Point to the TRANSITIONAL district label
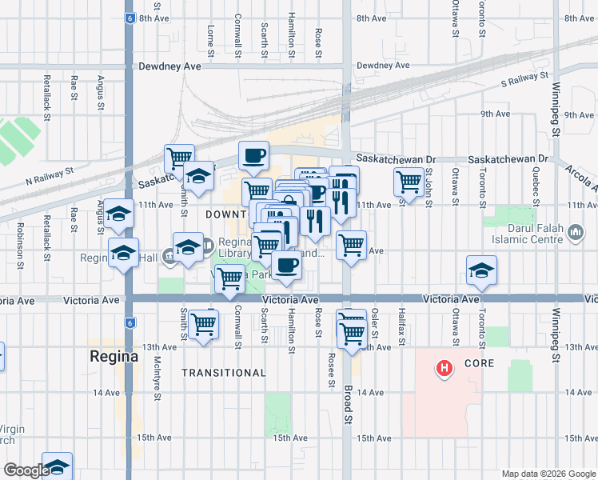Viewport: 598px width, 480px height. (223, 373)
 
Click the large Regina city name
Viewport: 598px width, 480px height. (114, 355)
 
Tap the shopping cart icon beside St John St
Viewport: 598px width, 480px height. (409, 182)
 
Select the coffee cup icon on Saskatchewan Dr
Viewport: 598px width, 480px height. (254, 155)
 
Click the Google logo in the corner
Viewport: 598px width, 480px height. (26, 470)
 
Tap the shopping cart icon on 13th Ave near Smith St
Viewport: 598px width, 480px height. (204, 324)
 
